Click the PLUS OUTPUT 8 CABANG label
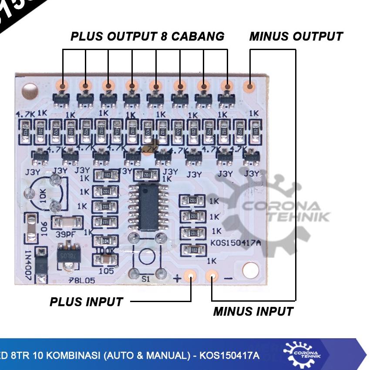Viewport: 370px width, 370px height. tap(148, 37)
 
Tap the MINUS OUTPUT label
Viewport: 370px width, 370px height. tap(296, 37)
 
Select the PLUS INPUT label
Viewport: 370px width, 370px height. tap(86, 302)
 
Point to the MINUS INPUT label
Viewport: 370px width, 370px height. tap(253, 312)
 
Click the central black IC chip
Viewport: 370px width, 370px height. tap(149, 207)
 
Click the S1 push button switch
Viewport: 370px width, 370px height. tap(147, 256)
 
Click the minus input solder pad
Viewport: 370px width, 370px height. tap(212, 276)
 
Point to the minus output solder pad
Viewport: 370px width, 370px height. tap(250, 86)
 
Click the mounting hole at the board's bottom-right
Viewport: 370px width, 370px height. tap(250, 270)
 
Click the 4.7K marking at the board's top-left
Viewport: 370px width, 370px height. tap(25, 114)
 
